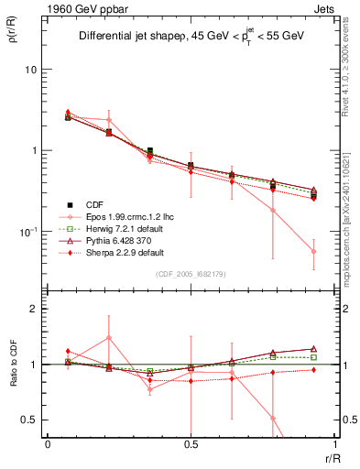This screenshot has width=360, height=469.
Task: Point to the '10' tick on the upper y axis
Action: [x=30, y=71]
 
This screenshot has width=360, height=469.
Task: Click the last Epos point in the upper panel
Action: [x=313, y=251]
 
